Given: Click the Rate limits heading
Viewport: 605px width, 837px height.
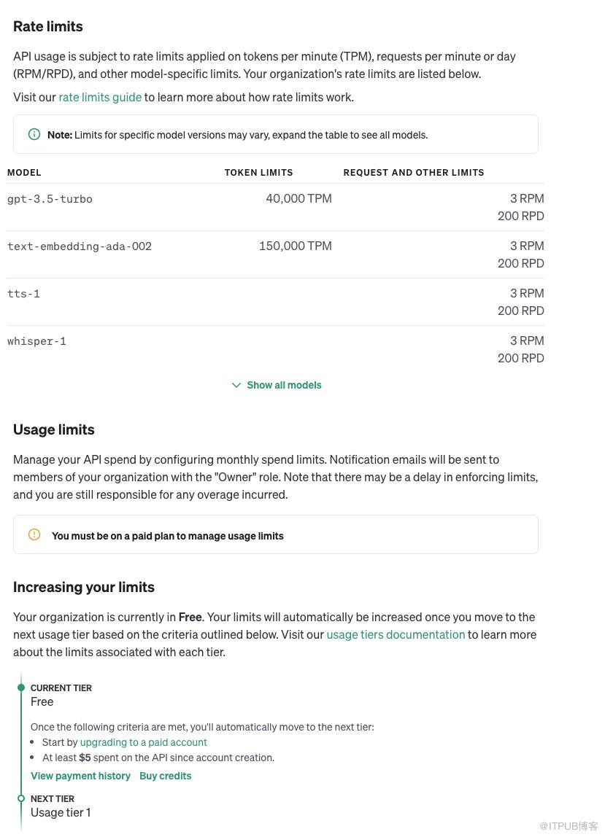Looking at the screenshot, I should (48, 26).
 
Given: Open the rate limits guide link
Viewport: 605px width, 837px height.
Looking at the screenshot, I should (100, 97).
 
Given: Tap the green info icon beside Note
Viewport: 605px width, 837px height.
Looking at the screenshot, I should (34, 134).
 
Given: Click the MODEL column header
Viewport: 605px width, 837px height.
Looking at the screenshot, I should (24, 173).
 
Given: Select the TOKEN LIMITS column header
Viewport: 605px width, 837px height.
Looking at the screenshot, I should (258, 173).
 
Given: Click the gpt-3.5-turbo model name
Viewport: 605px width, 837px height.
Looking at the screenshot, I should (50, 199).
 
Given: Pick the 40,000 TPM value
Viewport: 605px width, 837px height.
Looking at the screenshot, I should (298, 198).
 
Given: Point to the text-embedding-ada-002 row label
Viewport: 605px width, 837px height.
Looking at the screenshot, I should (80, 246).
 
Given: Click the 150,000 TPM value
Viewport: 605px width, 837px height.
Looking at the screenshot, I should (295, 246).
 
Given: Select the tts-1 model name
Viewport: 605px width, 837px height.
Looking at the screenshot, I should (23, 294).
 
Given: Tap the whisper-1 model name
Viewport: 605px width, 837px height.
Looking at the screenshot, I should (36, 341).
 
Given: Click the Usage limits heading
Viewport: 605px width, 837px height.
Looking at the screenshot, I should (54, 429).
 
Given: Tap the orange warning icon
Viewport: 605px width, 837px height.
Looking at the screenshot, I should (34, 534).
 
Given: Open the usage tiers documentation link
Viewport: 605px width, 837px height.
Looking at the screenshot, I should (396, 634).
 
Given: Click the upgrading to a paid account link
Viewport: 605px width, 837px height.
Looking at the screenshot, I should (143, 742).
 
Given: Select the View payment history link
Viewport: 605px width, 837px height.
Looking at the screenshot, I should (80, 776).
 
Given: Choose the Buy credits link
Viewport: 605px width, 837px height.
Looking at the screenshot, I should (165, 776).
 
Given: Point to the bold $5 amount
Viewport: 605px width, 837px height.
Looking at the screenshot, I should (85, 758).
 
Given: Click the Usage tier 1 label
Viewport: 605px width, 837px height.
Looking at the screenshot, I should (61, 812).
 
